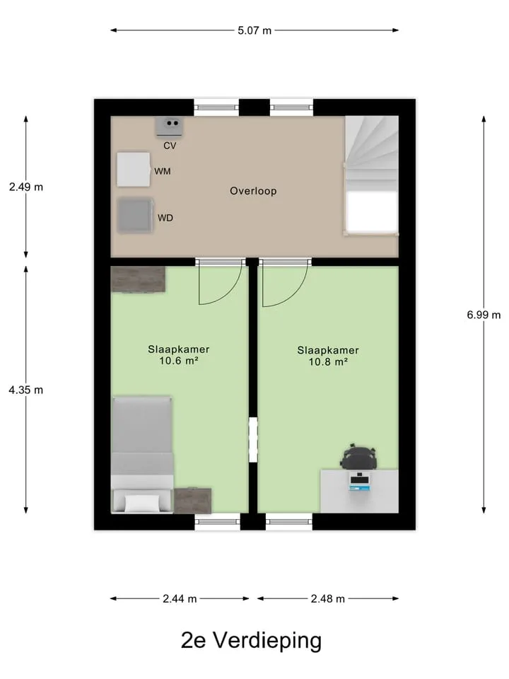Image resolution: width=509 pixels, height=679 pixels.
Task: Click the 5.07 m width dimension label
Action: click(255, 30)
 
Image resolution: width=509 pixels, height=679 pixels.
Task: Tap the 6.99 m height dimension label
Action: click(484, 315)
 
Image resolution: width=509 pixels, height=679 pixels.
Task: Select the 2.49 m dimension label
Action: click(26, 187)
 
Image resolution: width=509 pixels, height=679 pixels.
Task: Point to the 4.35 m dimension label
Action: click(26, 390)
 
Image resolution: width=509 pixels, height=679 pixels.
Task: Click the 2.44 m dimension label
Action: click(180, 598)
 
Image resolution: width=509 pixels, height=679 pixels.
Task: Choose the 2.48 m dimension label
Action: click(327, 598)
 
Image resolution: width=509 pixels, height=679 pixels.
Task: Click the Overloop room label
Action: click(253, 191)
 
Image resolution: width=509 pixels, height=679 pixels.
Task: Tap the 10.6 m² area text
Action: click(179, 360)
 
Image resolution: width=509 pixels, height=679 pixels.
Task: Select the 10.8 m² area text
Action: click(328, 361)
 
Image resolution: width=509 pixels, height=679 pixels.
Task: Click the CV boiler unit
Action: click(170, 126)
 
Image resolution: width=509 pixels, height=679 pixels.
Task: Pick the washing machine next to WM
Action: click(134, 169)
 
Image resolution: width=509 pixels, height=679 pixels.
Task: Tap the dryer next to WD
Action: click(136, 215)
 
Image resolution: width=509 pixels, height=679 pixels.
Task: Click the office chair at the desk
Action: click(358, 456)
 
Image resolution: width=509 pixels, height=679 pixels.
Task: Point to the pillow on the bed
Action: click(142, 503)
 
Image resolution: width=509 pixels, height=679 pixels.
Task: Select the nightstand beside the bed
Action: click(192, 501)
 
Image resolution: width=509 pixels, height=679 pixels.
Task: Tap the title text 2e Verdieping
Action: click(251, 641)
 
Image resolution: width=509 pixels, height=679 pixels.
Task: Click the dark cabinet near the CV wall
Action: click(138, 279)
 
